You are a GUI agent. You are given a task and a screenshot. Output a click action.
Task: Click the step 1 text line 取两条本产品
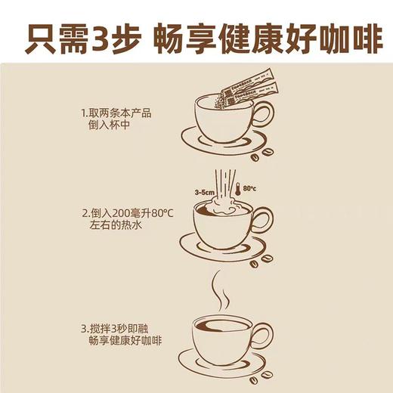pyautogui.click(x=116, y=113)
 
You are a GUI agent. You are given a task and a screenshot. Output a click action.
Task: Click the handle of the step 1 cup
pyautogui.click(x=261, y=116)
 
